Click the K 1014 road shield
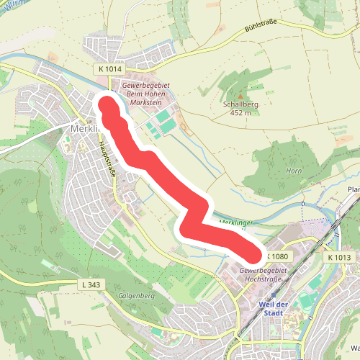[x=109, y=68]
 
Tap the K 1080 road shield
[x=280, y=256]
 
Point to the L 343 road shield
[x=91, y=285]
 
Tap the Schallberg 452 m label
[x=240, y=108]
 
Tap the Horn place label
[x=293, y=171]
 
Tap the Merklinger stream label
[x=235, y=223]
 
